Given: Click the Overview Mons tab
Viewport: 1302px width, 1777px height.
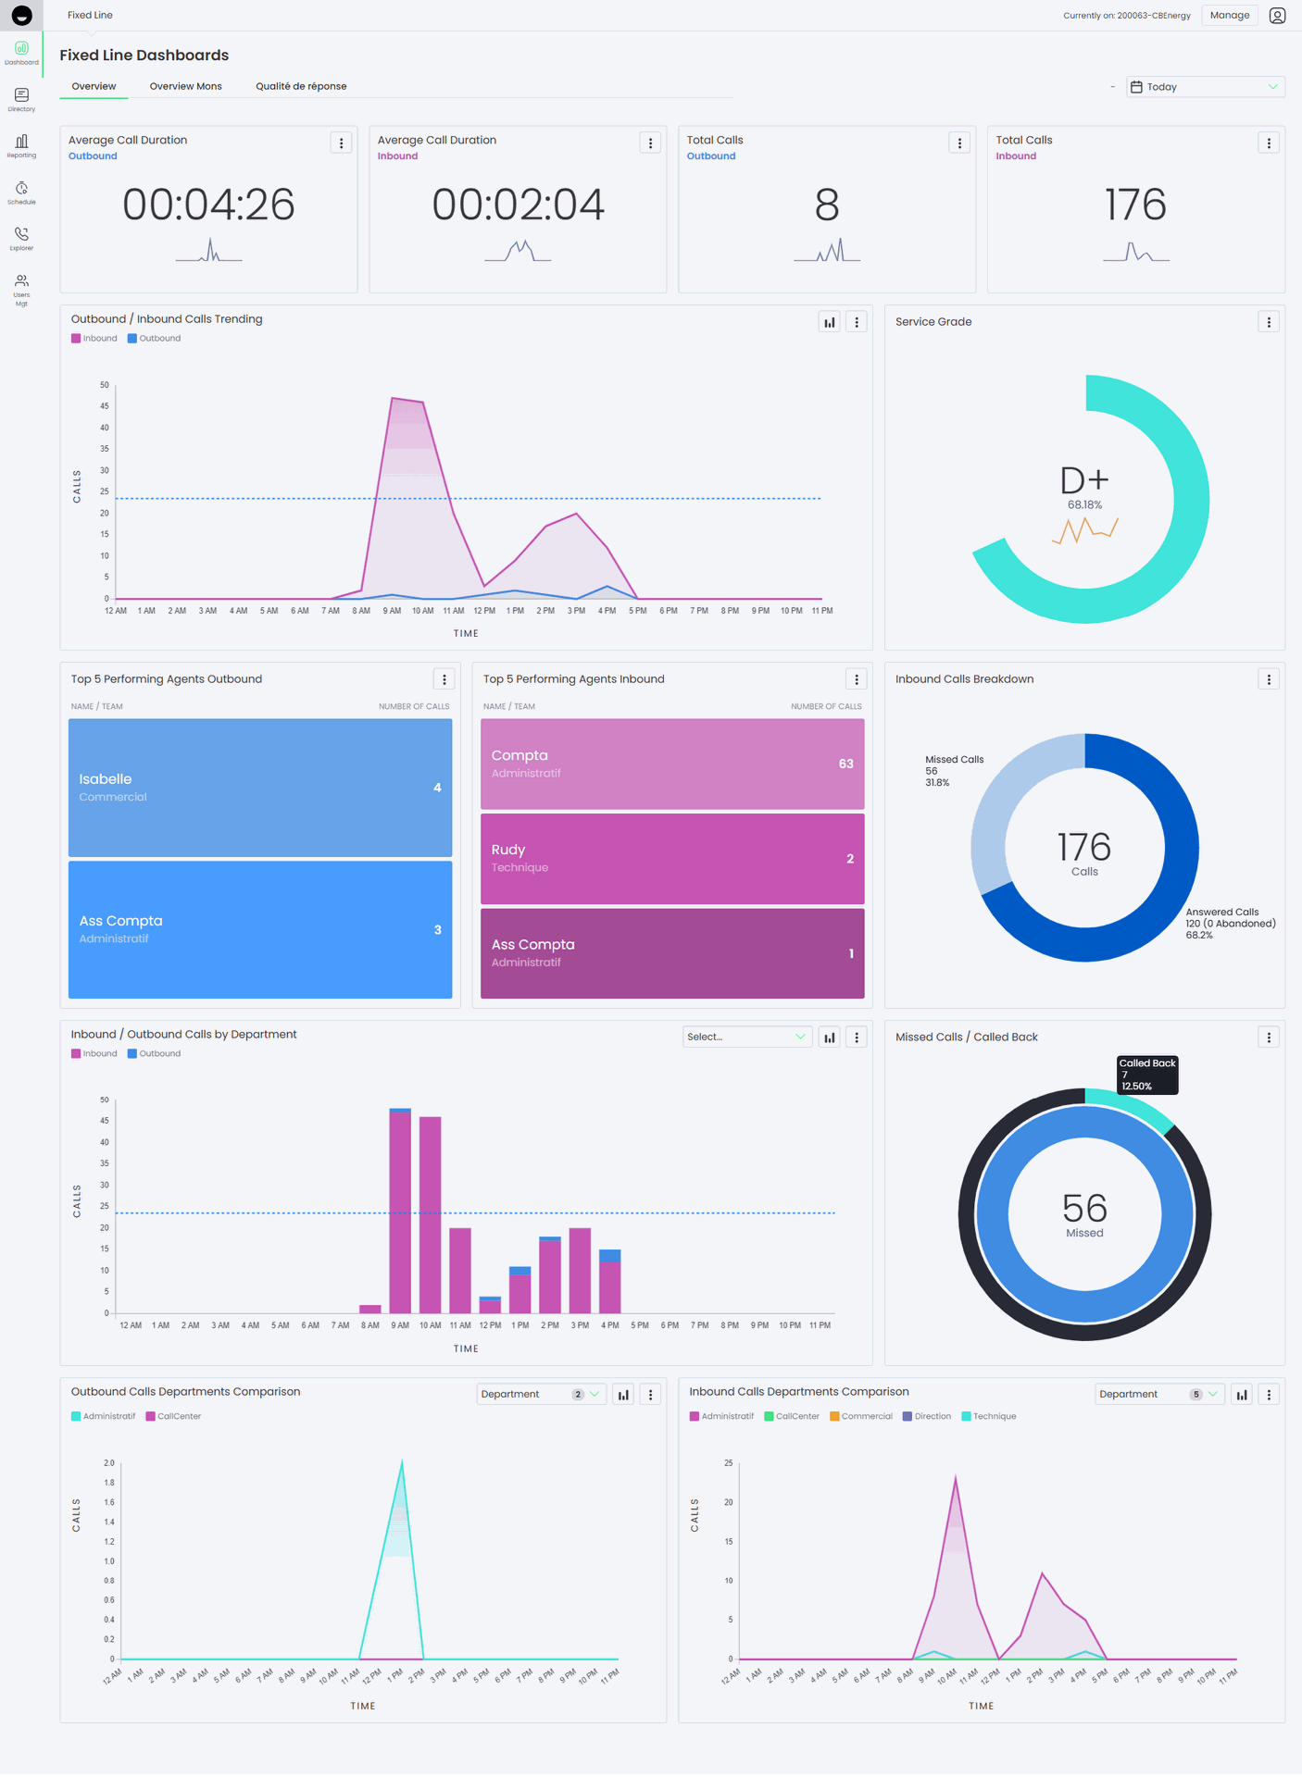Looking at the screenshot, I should pos(185,86).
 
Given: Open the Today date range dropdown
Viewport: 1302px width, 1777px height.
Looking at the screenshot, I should pos(1205,87).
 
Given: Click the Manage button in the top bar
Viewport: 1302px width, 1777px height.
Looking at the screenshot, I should pos(1229,15).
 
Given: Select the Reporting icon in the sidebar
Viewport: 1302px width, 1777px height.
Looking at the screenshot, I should pos(21,145).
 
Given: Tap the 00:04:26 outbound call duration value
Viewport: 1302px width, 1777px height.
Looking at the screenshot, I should pos(208,205).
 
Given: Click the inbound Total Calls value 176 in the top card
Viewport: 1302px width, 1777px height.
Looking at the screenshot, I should pos(1135,205).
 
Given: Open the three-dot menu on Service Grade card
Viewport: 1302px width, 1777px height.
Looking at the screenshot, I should pos(1269,322).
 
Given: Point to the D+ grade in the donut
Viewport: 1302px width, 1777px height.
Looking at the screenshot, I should pos(1084,480).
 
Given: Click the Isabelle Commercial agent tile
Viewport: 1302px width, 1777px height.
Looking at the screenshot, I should pos(260,788).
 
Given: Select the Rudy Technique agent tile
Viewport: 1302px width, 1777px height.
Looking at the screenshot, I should pos(672,858).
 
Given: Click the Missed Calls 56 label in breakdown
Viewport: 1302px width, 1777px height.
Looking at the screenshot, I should pos(954,770).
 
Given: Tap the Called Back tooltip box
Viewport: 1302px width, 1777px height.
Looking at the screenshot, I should pos(1147,1075).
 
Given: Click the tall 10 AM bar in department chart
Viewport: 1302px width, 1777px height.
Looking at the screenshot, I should pos(430,1214).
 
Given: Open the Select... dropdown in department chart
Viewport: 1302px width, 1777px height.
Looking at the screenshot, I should pos(746,1037).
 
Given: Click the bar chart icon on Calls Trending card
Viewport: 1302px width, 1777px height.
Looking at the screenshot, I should pos(829,322).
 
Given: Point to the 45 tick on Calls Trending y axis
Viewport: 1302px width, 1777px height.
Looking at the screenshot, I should pos(105,406).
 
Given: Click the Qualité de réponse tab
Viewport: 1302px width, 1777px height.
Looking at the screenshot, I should pos(301,86).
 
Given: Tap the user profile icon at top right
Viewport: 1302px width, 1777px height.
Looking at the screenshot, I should pos(1277,16).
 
